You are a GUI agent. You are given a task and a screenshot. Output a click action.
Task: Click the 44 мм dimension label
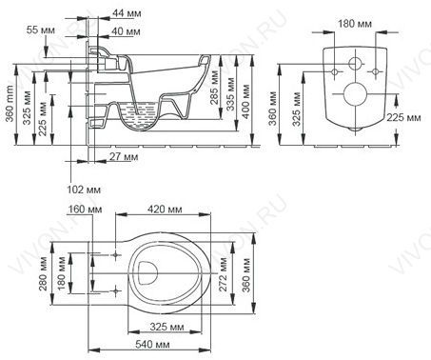pos(127,13)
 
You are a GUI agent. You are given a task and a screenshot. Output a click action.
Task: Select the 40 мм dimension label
pos(126,31)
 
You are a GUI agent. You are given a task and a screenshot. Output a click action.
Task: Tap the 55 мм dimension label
pos(41,30)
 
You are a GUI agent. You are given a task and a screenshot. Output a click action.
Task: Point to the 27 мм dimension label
pos(124,156)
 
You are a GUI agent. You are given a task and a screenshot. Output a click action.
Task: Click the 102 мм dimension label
pos(84,190)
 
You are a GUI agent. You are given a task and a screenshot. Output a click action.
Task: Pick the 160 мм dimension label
pos(85,210)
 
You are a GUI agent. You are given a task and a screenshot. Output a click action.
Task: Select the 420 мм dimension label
pos(165,209)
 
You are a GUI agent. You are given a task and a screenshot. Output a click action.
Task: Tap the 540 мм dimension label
pos(152,344)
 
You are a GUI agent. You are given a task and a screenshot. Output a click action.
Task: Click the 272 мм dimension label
pos(223,274)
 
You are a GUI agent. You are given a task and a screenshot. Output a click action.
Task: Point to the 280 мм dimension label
pos(43,273)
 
